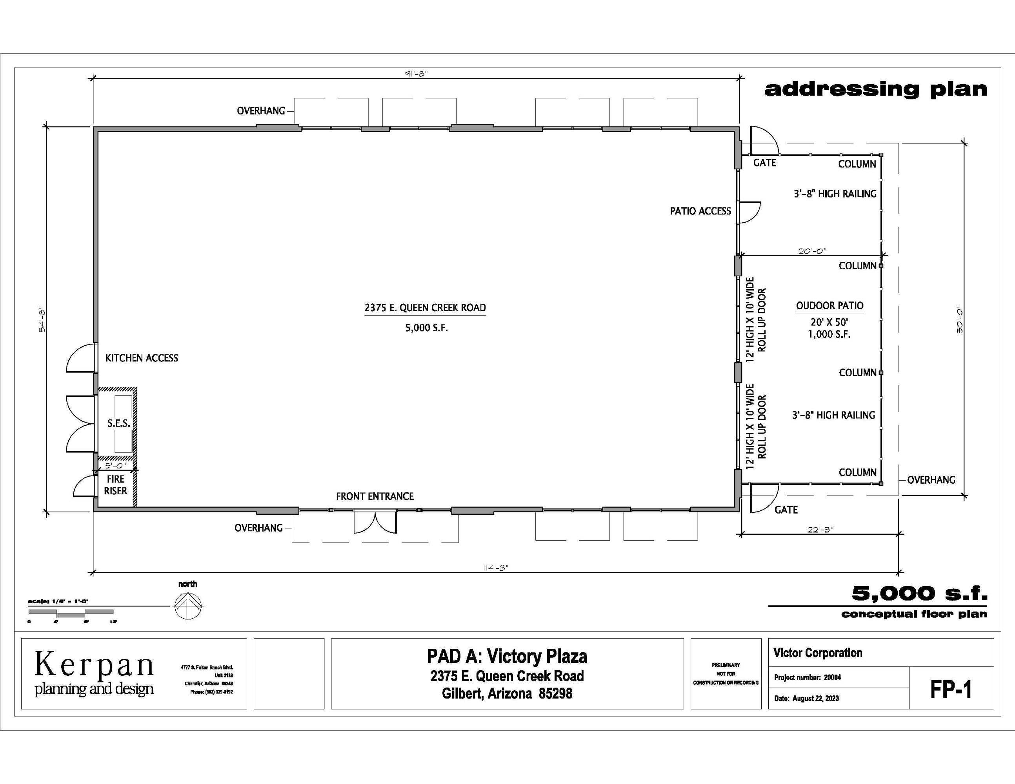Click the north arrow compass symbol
(x=188, y=606)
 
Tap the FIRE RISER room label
(x=115, y=485)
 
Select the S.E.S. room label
(x=118, y=423)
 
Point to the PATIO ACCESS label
(x=700, y=211)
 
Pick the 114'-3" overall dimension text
(x=495, y=568)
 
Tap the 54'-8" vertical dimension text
(x=42, y=319)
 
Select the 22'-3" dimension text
(x=820, y=529)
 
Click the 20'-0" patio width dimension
(x=812, y=251)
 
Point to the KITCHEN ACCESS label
(x=142, y=358)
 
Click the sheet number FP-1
(x=950, y=689)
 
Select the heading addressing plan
(x=876, y=89)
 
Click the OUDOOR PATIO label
(x=829, y=306)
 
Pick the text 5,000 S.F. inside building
(x=426, y=328)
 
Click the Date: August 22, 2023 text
(x=806, y=698)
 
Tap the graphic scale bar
(x=71, y=613)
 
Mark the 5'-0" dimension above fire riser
(x=115, y=465)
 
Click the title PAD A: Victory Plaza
(x=507, y=656)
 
